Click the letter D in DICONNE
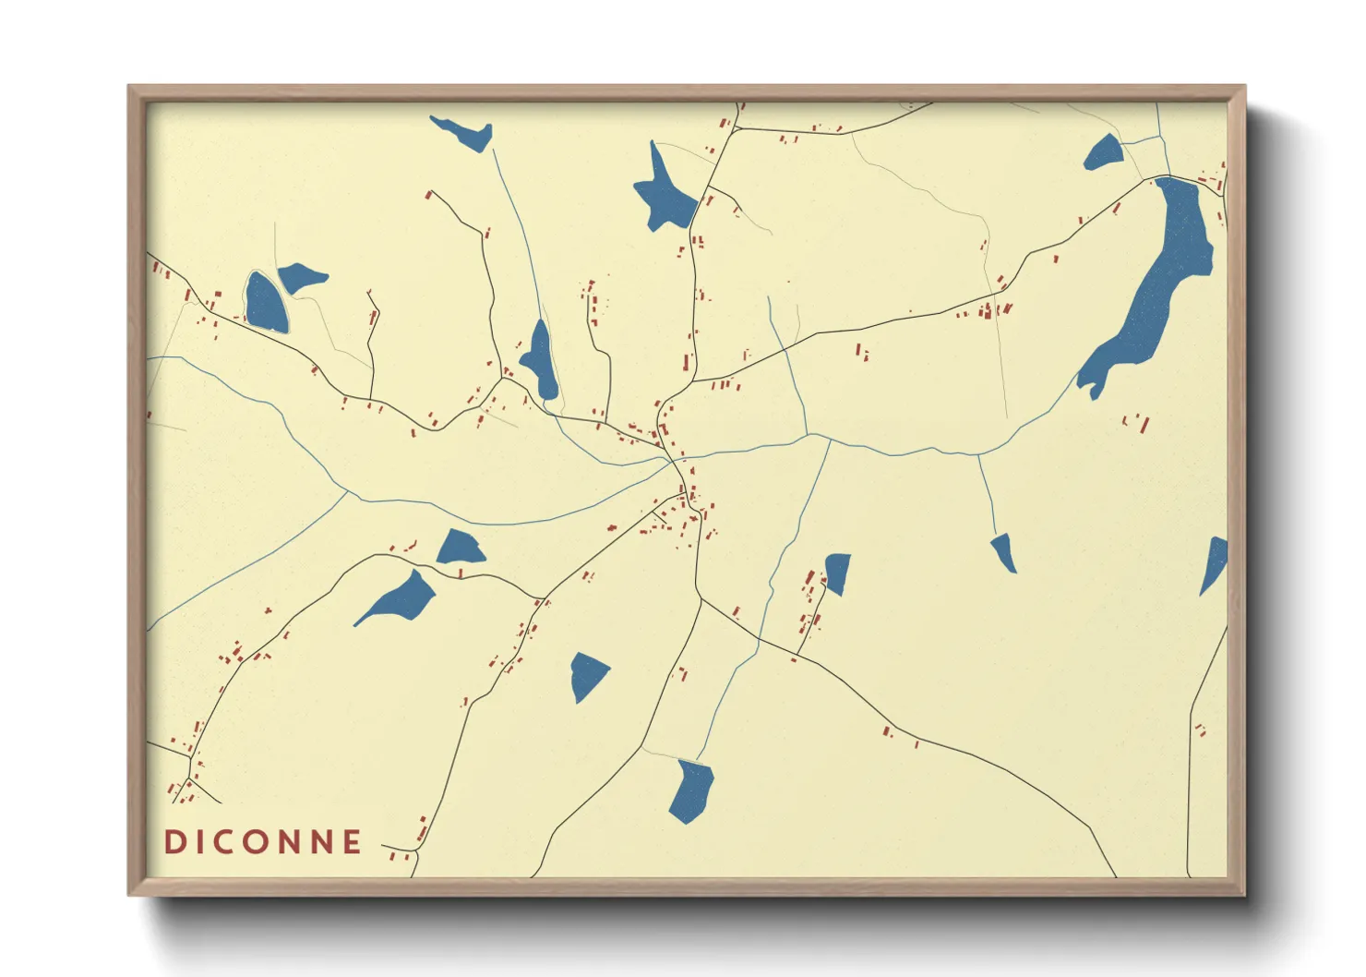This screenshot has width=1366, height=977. point(174,842)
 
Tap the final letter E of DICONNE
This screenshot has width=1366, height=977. point(352,842)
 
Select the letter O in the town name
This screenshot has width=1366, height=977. point(260,842)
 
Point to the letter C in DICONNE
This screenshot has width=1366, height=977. point(227,842)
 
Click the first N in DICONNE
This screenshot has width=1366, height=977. point(291,842)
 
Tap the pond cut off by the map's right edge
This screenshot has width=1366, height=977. point(1214,563)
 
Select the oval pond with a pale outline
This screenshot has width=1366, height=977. point(265,303)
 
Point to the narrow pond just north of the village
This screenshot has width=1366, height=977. point(541,362)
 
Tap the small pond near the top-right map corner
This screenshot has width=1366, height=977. point(1104,153)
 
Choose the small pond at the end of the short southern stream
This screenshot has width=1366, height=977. point(1004,551)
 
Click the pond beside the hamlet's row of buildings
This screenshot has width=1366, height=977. point(836,573)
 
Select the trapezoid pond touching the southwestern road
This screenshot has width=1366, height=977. point(460,549)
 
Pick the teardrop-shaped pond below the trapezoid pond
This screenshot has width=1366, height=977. point(403,598)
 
